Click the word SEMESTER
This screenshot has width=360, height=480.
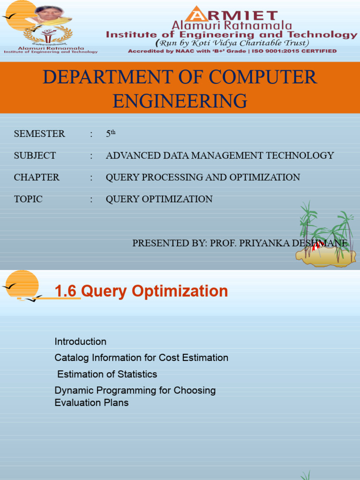[x=39, y=134]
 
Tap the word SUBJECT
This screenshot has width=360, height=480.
[x=35, y=156]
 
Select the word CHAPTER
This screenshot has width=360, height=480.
[x=37, y=177]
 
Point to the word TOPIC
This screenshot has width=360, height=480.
[x=28, y=199]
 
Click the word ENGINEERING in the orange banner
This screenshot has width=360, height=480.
[x=180, y=100]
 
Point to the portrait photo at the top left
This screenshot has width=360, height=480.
[x=49, y=14]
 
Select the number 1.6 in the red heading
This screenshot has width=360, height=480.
[x=65, y=291]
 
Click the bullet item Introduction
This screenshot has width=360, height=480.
[x=81, y=341]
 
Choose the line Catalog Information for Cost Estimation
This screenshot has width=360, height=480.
[x=142, y=358]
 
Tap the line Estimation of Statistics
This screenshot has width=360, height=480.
[x=107, y=374]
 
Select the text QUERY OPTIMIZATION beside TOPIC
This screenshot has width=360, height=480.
[x=159, y=199]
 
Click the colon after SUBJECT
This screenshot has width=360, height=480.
[x=91, y=156]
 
